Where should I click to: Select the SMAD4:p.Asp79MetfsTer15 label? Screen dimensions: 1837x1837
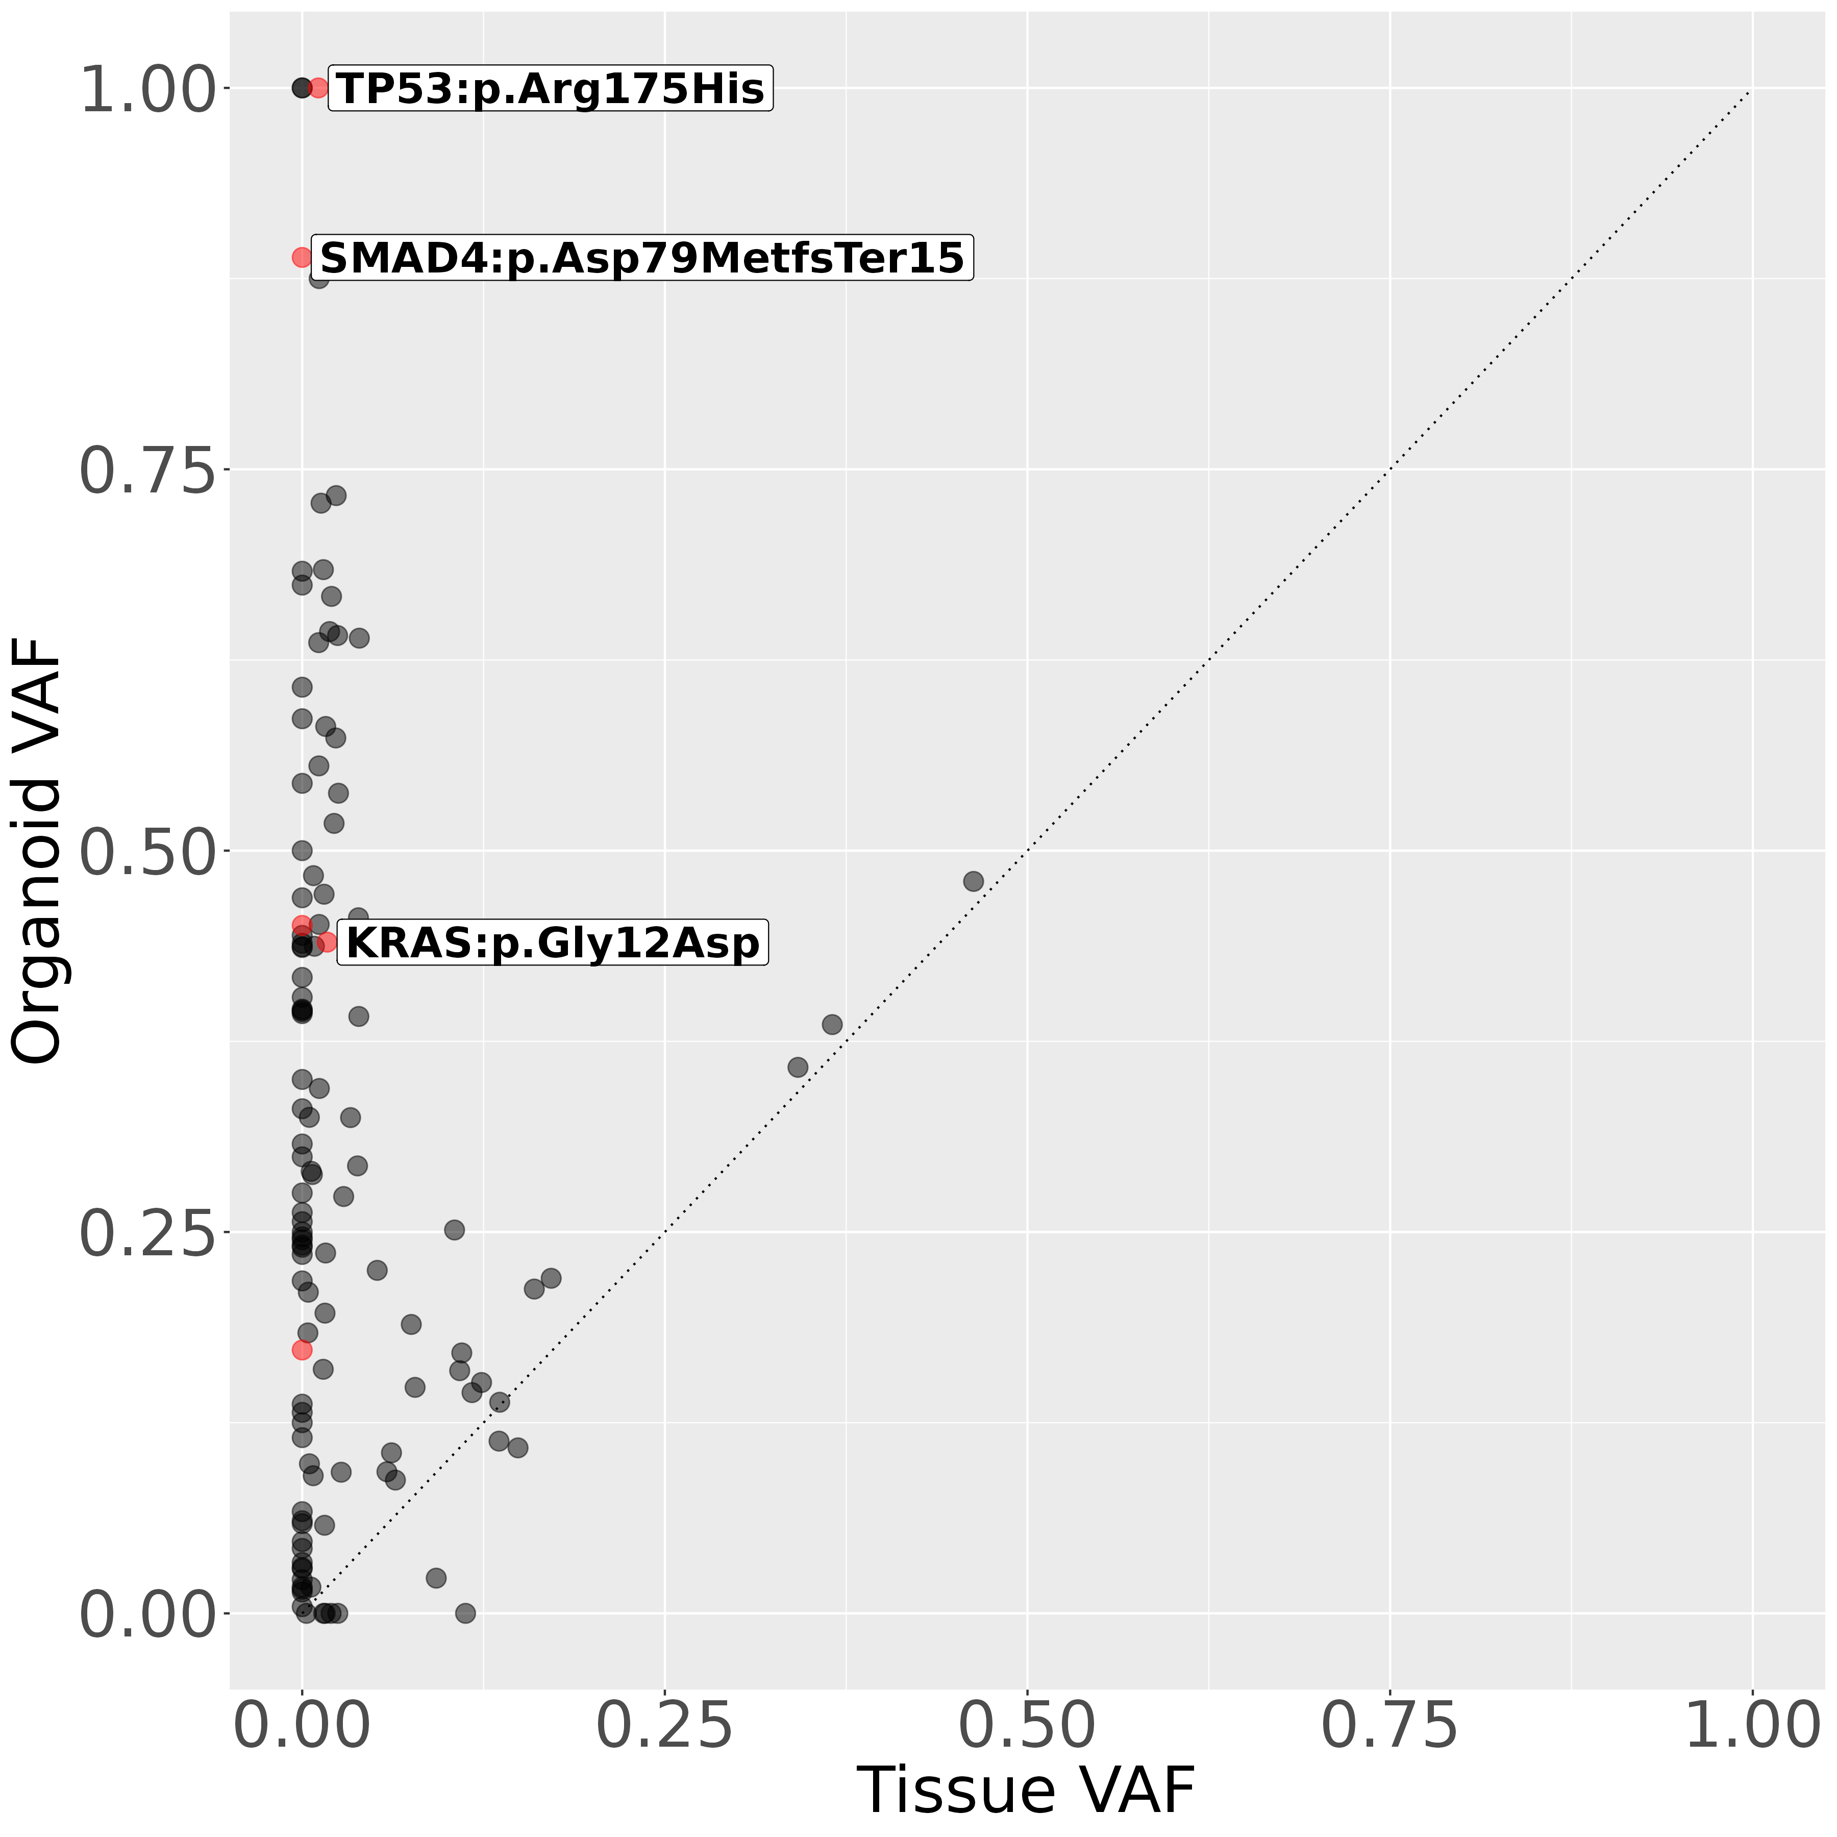642,258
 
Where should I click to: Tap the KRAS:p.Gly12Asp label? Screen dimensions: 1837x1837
553,943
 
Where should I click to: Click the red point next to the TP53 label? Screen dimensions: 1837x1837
318,88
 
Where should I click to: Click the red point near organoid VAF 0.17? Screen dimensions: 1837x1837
303,1349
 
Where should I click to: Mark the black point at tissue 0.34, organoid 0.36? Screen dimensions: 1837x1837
798,1067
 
